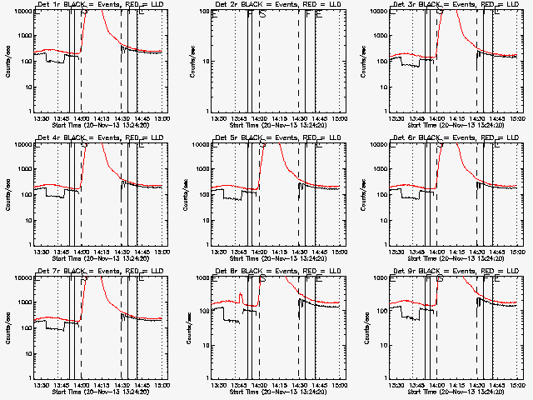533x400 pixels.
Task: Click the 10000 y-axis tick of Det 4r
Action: [20, 145]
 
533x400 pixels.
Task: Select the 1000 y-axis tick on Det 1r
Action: [22, 37]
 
